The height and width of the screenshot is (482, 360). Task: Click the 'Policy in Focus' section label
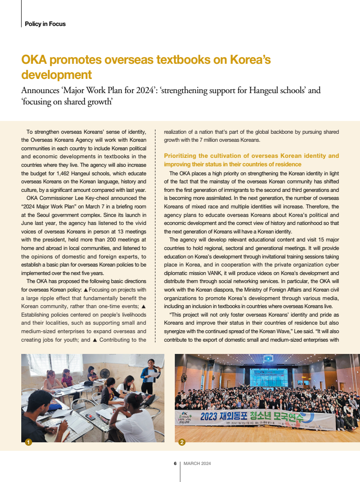[45, 24]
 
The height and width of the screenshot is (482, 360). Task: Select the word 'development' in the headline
[57, 75]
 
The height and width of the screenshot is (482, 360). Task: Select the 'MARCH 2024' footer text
[197, 464]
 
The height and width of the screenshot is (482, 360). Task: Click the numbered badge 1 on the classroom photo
[28, 442]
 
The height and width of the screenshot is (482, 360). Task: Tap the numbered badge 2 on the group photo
[182, 442]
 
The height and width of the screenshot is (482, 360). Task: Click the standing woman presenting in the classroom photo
[150, 376]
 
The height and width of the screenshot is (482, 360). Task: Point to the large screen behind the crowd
[268, 376]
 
